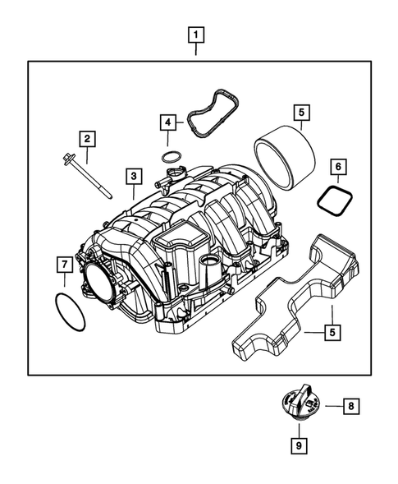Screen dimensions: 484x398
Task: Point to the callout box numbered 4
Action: [168, 123]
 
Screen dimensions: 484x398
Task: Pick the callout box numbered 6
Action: [337, 167]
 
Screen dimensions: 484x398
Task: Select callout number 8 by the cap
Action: [349, 405]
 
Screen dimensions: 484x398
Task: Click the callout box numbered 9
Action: [300, 445]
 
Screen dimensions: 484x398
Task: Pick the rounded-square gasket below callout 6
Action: [333, 201]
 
